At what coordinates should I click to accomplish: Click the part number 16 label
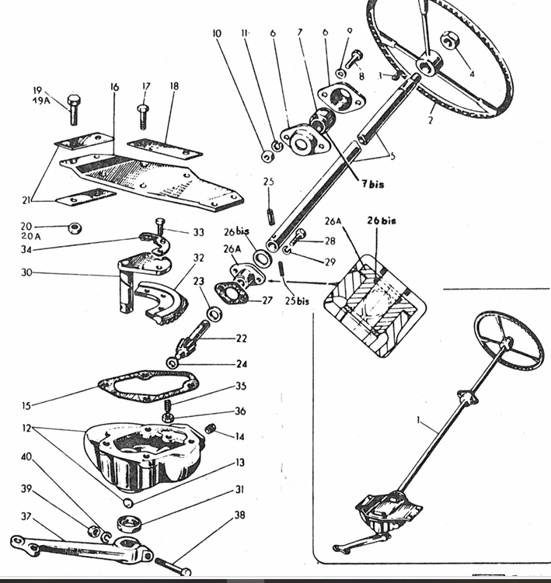(115, 87)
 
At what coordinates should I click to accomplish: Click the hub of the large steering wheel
(427, 62)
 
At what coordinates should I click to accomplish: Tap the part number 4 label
(471, 75)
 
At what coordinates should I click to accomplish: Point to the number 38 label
(239, 515)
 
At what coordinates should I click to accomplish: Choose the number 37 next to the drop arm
(26, 515)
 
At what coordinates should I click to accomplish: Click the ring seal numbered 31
(127, 522)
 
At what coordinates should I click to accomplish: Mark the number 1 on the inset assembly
(419, 422)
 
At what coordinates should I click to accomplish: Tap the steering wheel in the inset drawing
(510, 339)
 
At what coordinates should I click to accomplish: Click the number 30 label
(28, 272)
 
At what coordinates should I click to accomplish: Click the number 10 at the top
(216, 34)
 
